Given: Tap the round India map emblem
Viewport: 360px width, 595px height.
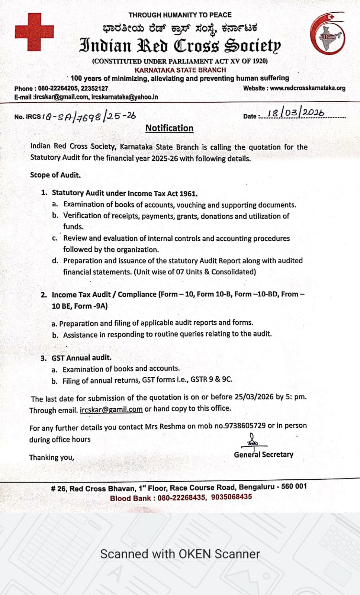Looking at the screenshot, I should [328, 34].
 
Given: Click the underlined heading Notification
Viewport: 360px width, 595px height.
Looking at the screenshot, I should [169, 128].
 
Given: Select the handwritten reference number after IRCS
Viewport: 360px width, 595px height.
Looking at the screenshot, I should [89, 116].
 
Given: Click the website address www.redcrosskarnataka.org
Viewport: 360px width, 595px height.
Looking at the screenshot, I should [308, 88].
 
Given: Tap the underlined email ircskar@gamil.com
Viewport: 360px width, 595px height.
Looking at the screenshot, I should [111, 409].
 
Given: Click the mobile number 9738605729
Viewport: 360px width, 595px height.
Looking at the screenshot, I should [245, 426].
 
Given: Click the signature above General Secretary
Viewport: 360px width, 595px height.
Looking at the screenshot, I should [253, 441].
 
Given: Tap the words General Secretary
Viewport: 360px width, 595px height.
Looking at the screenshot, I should [263, 454].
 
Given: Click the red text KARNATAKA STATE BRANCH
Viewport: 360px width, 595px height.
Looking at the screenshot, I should [180, 70].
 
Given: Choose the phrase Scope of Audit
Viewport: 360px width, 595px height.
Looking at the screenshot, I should [55, 175].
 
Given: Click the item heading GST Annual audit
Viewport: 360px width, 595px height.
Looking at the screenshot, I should [81, 358].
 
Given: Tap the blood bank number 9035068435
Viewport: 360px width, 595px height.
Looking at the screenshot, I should [231, 497].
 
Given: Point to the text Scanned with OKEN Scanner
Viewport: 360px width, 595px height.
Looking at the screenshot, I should [180, 554].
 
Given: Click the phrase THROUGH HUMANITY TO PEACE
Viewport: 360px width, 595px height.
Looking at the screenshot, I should [180, 15].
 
